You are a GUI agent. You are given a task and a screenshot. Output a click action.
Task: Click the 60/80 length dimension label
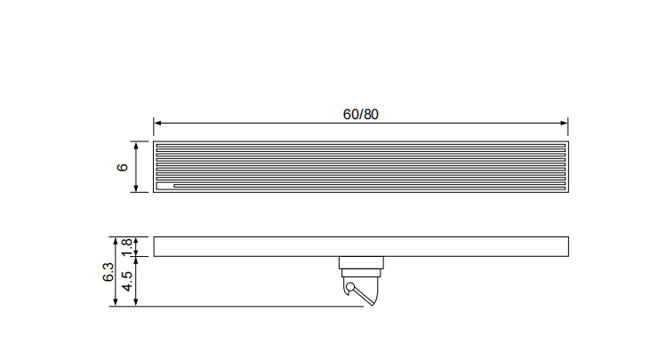pyautogui.click(x=360, y=114)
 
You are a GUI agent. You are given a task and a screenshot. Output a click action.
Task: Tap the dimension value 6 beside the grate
pyautogui.click(x=122, y=167)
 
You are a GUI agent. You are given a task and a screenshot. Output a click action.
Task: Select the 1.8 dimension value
pyautogui.click(x=127, y=247)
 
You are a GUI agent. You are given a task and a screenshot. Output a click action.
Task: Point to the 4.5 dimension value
pyautogui.click(x=127, y=281)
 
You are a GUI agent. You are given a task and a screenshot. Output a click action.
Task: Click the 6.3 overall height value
pyautogui.click(x=108, y=272)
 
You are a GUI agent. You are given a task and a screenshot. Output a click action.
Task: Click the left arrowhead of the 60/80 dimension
pyautogui.click(x=157, y=123)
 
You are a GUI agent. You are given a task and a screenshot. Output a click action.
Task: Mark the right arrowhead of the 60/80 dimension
pyautogui.click(x=564, y=123)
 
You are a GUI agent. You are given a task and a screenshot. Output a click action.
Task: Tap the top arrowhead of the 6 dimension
pyautogui.click(x=135, y=146)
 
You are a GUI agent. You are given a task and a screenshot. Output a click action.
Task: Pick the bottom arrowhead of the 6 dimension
pyautogui.click(x=135, y=188)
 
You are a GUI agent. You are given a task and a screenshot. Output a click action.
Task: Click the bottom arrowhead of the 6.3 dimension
pyautogui.click(x=116, y=302)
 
